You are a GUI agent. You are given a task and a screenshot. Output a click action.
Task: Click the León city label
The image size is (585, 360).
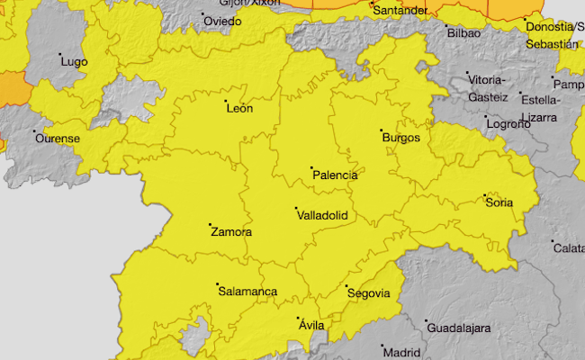(239, 109)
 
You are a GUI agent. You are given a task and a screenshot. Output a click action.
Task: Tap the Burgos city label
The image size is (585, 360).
(400, 138)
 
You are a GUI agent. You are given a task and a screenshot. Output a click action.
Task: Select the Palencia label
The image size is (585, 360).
(334, 175)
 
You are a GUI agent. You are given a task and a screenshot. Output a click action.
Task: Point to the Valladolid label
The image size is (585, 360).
(321, 215)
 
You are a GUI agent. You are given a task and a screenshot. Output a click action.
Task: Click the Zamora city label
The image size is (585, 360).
(230, 232)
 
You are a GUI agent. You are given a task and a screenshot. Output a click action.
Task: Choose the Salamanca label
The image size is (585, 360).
(247, 292)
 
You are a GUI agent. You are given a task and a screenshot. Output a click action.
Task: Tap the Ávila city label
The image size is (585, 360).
(310, 325)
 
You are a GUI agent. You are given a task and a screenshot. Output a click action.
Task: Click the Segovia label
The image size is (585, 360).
(368, 293)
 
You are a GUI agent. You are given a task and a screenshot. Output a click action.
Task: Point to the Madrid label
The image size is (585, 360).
(401, 353)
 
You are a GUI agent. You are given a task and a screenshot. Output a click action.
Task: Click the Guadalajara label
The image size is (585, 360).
(457, 328)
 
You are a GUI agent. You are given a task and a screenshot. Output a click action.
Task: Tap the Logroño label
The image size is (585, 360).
(508, 124)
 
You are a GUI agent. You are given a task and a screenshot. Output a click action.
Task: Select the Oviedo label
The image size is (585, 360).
(222, 21)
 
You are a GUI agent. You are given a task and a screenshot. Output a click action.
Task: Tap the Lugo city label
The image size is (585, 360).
(73, 61)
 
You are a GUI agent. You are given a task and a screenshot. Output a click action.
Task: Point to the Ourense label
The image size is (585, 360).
(57, 139)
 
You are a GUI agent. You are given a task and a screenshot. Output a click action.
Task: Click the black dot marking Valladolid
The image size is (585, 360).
(297, 208)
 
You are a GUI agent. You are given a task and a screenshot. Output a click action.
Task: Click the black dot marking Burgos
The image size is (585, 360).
(382, 130)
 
